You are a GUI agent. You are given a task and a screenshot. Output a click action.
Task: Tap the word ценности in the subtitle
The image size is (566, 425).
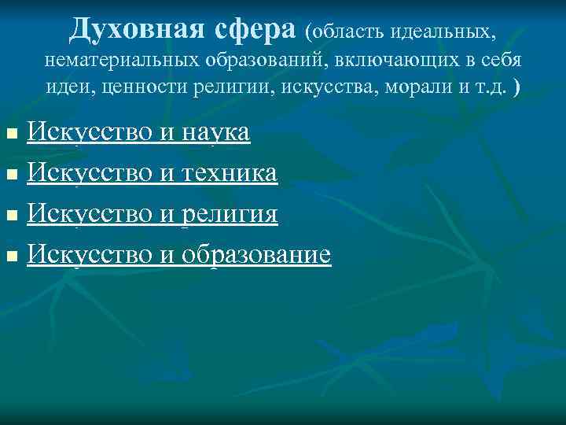tap(149, 87)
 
